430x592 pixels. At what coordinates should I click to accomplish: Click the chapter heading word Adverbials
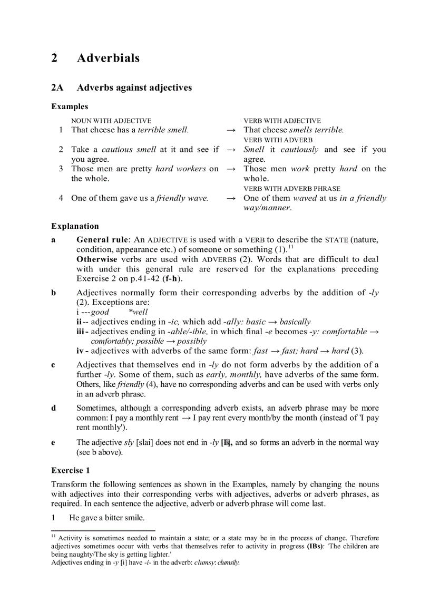coord(108,58)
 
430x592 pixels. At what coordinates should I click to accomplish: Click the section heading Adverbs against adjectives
coord(134,88)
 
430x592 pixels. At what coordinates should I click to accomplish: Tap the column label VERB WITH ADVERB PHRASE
coord(291,188)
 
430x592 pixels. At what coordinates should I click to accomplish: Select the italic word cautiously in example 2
coord(299,150)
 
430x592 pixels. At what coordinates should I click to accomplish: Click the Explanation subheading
coord(75,226)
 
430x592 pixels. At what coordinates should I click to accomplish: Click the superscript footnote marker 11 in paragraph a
coord(290,247)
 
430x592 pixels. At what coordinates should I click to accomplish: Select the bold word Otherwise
coord(97,259)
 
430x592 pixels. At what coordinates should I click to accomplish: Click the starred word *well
coord(138,312)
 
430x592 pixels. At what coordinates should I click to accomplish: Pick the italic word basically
coord(295,322)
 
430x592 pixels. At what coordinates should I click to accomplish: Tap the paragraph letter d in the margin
coord(53,408)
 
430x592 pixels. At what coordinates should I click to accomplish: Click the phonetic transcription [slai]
coord(144,443)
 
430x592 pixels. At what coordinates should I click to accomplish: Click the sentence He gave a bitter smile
coord(107,518)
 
